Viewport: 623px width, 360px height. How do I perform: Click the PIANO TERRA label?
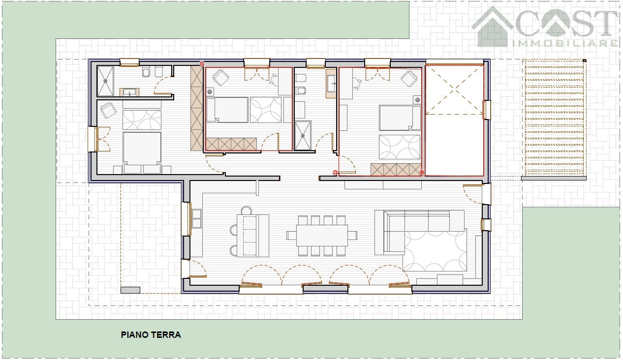(x=151, y=335)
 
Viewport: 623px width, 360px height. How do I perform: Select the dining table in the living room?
(x=322, y=236)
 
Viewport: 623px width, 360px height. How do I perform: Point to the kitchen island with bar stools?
(x=252, y=236)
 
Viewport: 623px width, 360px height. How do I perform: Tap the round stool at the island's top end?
(x=246, y=210)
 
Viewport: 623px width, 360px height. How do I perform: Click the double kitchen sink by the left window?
(x=196, y=218)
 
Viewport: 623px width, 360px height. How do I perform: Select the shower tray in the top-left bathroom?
(x=105, y=81)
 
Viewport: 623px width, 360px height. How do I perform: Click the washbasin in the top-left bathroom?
(x=129, y=92)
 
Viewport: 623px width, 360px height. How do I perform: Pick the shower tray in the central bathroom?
(x=303, y=135)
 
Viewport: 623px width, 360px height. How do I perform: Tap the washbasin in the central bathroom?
(x=331, y=84)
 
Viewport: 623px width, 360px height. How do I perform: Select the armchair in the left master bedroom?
(x=108, y=110)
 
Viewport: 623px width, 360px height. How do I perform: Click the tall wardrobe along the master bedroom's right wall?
(x=196, y=108)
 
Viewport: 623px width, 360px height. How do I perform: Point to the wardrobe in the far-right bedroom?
(x=396, y=170)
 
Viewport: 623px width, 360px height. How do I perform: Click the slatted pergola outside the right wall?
(x=554, y=118)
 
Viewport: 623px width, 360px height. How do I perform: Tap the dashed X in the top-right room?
(x=454, y=90)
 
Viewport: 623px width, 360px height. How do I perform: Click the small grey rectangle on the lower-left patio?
(x=130, y=290)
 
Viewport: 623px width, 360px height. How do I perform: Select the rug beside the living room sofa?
(x=435, y=250)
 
